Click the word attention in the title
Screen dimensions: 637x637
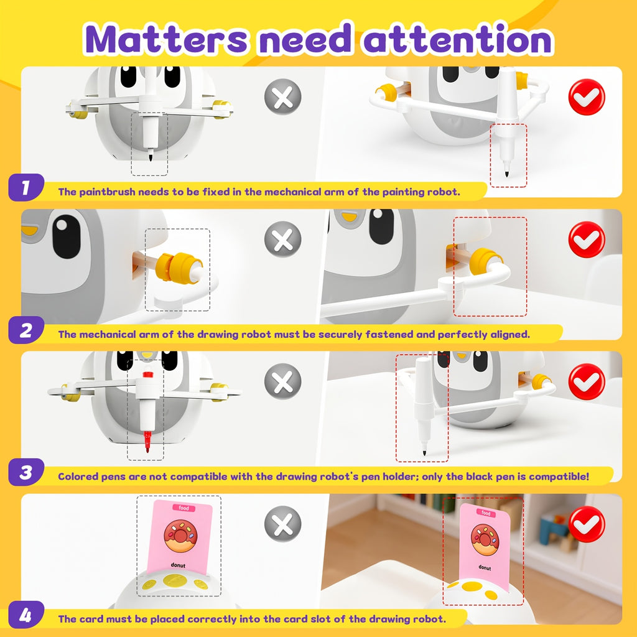[458, 39]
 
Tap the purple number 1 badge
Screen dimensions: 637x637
[26, 187]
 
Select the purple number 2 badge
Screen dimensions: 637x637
[26, 330]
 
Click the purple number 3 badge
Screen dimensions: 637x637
[26, 472]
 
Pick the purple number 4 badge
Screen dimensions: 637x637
[26, 615]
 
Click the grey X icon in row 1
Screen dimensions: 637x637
[283, 97]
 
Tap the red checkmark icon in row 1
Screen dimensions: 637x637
[587, 97]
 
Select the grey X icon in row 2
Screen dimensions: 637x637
[283, 239]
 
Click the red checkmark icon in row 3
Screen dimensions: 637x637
[587, 382]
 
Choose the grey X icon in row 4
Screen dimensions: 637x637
[283, 524]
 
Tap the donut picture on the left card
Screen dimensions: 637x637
[179, 536]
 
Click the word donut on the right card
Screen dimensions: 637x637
[485, 567]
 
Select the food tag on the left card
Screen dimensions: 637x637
[184, 508]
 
